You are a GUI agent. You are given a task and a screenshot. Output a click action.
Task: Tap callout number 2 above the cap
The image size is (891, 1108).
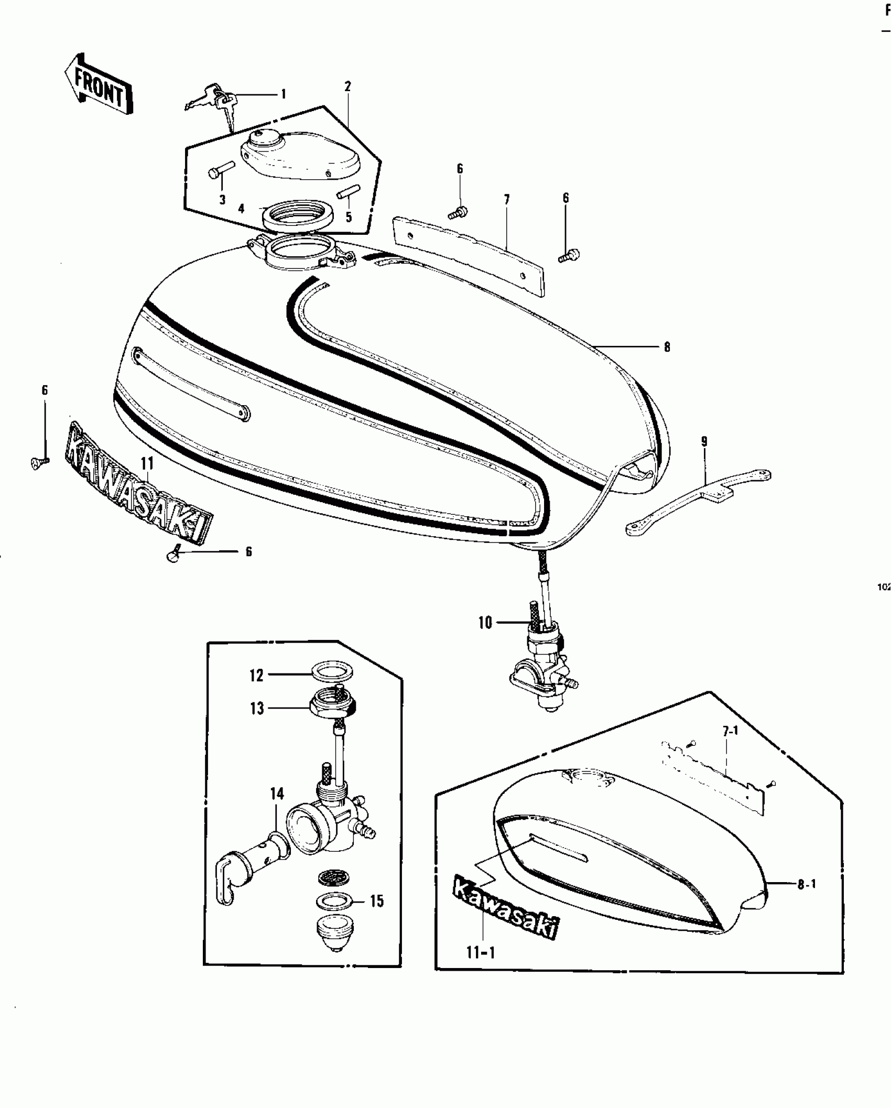coord(347,86)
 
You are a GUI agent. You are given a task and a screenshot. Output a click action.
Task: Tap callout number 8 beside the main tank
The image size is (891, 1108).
coord(667,347)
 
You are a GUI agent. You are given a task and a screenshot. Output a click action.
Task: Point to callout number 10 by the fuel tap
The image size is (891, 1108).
coord(485,623)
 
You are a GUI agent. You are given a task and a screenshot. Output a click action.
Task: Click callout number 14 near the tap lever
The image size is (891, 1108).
coord(277,809)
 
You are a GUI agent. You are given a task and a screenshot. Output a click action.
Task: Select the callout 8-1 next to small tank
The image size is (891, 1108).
coord(807,885)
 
